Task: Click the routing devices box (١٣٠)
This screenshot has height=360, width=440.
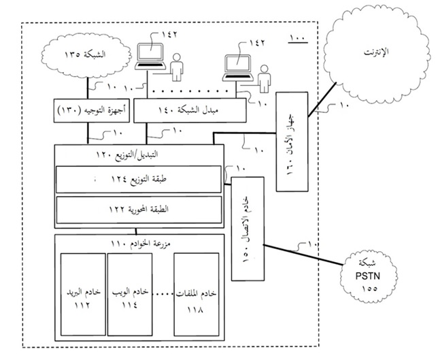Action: tap(88, 110)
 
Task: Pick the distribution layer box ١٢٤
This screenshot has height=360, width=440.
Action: tap(139, 179)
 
